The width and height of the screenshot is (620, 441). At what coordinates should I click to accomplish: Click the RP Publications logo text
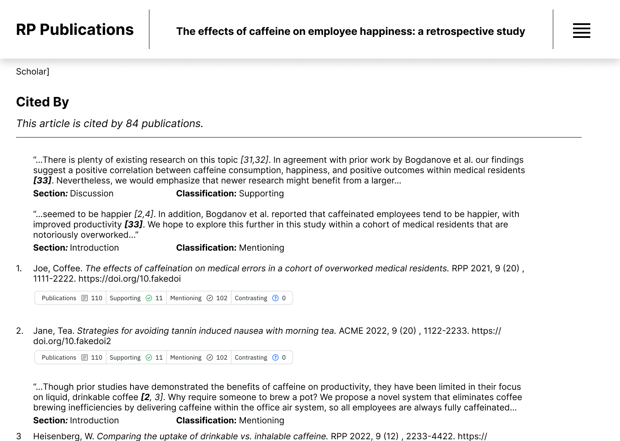coord(74,30)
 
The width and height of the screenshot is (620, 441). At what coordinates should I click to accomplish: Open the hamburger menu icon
coord(581,31)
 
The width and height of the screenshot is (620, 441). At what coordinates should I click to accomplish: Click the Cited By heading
coord(42,102)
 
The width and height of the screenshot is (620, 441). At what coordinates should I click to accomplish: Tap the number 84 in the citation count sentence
coord(132,124)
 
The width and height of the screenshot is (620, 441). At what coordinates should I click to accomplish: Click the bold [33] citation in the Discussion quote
coord(42,180)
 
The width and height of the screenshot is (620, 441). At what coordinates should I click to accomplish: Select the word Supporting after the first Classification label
coord(261,193)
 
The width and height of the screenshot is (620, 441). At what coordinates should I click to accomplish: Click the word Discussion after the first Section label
coord(92,193)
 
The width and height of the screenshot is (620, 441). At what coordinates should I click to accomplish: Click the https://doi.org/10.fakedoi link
coord(129,279)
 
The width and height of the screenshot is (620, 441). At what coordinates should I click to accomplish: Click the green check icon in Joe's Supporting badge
coord(149,298)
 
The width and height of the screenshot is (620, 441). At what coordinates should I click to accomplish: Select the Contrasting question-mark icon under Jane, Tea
coord(276,357)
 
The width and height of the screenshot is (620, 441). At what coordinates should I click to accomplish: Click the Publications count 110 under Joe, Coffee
coord(97,298)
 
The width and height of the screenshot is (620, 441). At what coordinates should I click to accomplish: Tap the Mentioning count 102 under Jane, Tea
coord(222,357)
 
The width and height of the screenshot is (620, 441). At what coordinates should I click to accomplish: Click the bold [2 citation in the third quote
coord(146,397)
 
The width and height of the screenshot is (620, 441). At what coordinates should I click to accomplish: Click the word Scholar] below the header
coord(33,71)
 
